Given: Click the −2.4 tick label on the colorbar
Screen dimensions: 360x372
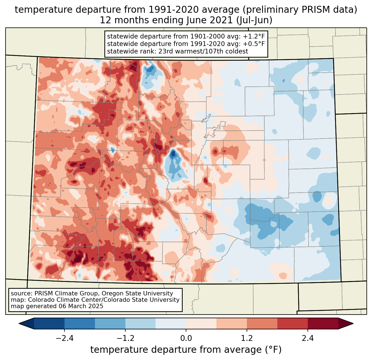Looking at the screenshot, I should click(x=64, y=339).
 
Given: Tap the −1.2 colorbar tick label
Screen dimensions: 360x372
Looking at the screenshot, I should click(x=125, y=339).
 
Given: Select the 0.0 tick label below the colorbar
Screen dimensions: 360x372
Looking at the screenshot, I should click(x=186, y=339).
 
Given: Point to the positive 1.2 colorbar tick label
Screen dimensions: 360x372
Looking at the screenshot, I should click(x=247, y=339).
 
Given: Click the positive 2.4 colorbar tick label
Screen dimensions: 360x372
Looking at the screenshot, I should click(x=308, y=339).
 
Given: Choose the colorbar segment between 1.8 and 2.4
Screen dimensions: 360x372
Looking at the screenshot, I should click(x=293, y=323).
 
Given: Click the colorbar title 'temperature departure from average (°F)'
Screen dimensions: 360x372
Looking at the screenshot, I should click(x=186, y=350).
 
